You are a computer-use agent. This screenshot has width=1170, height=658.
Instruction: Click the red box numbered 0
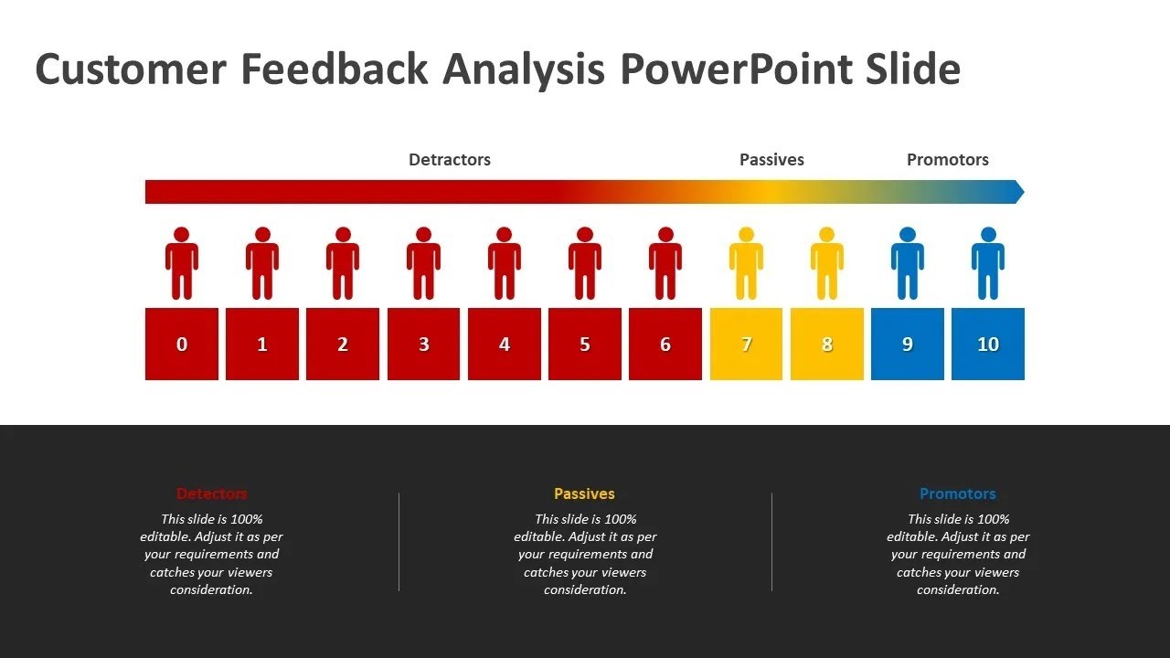(182, 344)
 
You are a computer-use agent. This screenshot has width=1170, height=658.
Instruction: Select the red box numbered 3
(423, 344)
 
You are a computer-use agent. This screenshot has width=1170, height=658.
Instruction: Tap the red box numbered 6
(665, 344)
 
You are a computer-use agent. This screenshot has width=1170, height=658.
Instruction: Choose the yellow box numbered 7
(746, 344)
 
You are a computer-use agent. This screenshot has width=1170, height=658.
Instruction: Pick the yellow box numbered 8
(826, 344)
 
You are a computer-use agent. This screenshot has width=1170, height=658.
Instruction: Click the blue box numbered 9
(907, 344)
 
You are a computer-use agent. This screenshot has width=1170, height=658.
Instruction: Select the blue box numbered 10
(987, 344)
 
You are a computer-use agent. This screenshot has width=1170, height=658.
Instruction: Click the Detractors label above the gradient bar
(449, 160)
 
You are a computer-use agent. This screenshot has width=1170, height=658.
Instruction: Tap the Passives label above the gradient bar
(771, 160)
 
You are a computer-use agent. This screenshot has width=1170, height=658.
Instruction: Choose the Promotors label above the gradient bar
(947, 160)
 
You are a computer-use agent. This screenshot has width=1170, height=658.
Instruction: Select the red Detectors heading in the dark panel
(211, 493)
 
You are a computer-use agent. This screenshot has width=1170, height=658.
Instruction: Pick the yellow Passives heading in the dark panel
(584, 493)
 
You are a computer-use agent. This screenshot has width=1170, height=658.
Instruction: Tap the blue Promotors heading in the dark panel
(957, 493)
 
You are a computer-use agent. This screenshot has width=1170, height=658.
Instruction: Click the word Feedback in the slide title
(339, 70)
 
